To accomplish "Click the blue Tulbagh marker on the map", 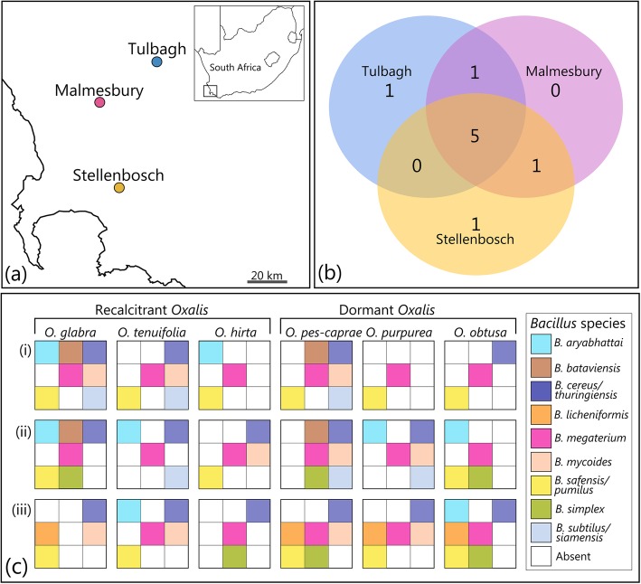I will tap(157, 61).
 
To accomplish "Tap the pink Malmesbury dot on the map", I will tap(99, 103).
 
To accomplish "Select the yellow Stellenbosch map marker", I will tap(119, 188).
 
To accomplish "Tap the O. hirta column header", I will tap(231, 333).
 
